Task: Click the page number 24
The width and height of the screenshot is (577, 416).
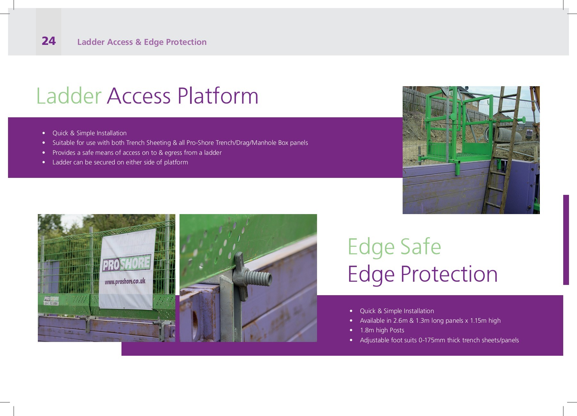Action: [49, 41]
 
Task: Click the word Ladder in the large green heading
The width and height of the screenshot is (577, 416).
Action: [69, 96]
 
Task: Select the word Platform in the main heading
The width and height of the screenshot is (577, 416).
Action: [218, 96]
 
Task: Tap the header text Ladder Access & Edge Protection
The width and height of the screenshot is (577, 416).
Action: [142, 42]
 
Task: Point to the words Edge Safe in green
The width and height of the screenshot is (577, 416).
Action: [394, 247]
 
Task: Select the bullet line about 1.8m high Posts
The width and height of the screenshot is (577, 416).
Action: [382, 330]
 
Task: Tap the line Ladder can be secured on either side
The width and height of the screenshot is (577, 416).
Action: [120, 162]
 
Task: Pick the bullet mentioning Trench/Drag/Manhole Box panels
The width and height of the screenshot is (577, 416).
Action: [180, 143]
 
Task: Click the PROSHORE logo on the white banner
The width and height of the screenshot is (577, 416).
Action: [126, 263]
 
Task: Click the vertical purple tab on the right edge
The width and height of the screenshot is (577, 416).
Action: [566, 240]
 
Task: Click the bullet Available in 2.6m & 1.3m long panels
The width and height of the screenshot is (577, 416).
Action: [430, 320]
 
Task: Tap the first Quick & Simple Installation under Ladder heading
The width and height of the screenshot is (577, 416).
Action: [89, 133]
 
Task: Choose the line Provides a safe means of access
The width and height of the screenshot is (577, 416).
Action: [137, 153]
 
